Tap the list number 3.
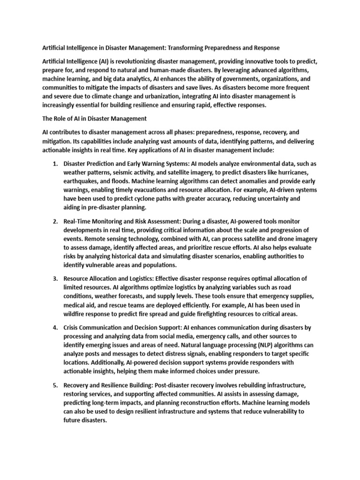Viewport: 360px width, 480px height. click(55, 279)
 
